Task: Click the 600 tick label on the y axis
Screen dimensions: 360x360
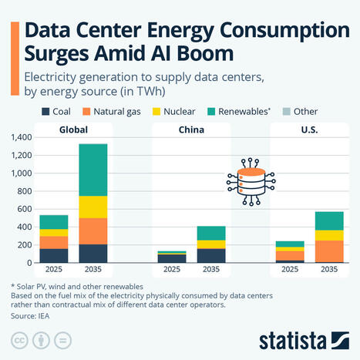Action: point(23,209)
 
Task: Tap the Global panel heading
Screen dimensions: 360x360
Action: point(73,129)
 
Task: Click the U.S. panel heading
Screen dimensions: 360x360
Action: point(309,129)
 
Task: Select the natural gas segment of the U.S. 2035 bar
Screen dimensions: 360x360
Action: point(308,251)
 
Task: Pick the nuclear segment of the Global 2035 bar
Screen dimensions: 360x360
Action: point(93,207)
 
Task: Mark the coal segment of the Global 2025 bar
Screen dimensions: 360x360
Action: point(54,255)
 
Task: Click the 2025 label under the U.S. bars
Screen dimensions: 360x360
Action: point(290,271)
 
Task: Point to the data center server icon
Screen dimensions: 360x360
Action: point(251,180)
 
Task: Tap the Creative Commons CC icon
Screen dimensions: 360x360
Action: point(19,340)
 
